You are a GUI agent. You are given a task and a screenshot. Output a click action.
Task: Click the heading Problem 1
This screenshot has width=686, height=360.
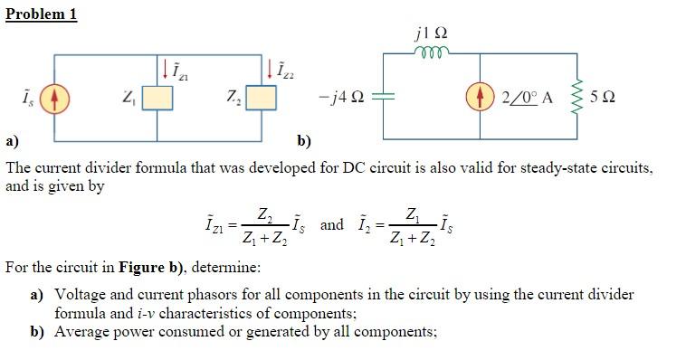pyautogui.click(x=41, y=14)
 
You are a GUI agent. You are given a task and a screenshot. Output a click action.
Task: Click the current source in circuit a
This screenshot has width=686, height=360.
pyautogui.click(x=54, y=97)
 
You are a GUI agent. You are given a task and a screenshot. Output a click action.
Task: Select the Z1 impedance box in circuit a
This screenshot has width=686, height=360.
pyautogui.click(x=157, y=97)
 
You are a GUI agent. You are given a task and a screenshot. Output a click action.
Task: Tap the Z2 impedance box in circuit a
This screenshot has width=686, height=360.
pyautogui.click(x=262, y=97)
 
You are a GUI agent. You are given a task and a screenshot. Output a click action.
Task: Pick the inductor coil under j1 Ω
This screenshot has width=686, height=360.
pyautogui.click(x=430, y=52)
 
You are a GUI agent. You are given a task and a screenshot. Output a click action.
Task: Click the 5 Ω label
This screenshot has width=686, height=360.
pyautogui.click(x=603, y=97)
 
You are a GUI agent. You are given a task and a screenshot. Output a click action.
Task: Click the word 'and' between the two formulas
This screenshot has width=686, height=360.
pyautogui.click(x=332, y=224)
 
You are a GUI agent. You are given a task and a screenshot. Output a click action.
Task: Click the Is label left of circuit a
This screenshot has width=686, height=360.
pyautogui.click(x=19, y=97)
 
